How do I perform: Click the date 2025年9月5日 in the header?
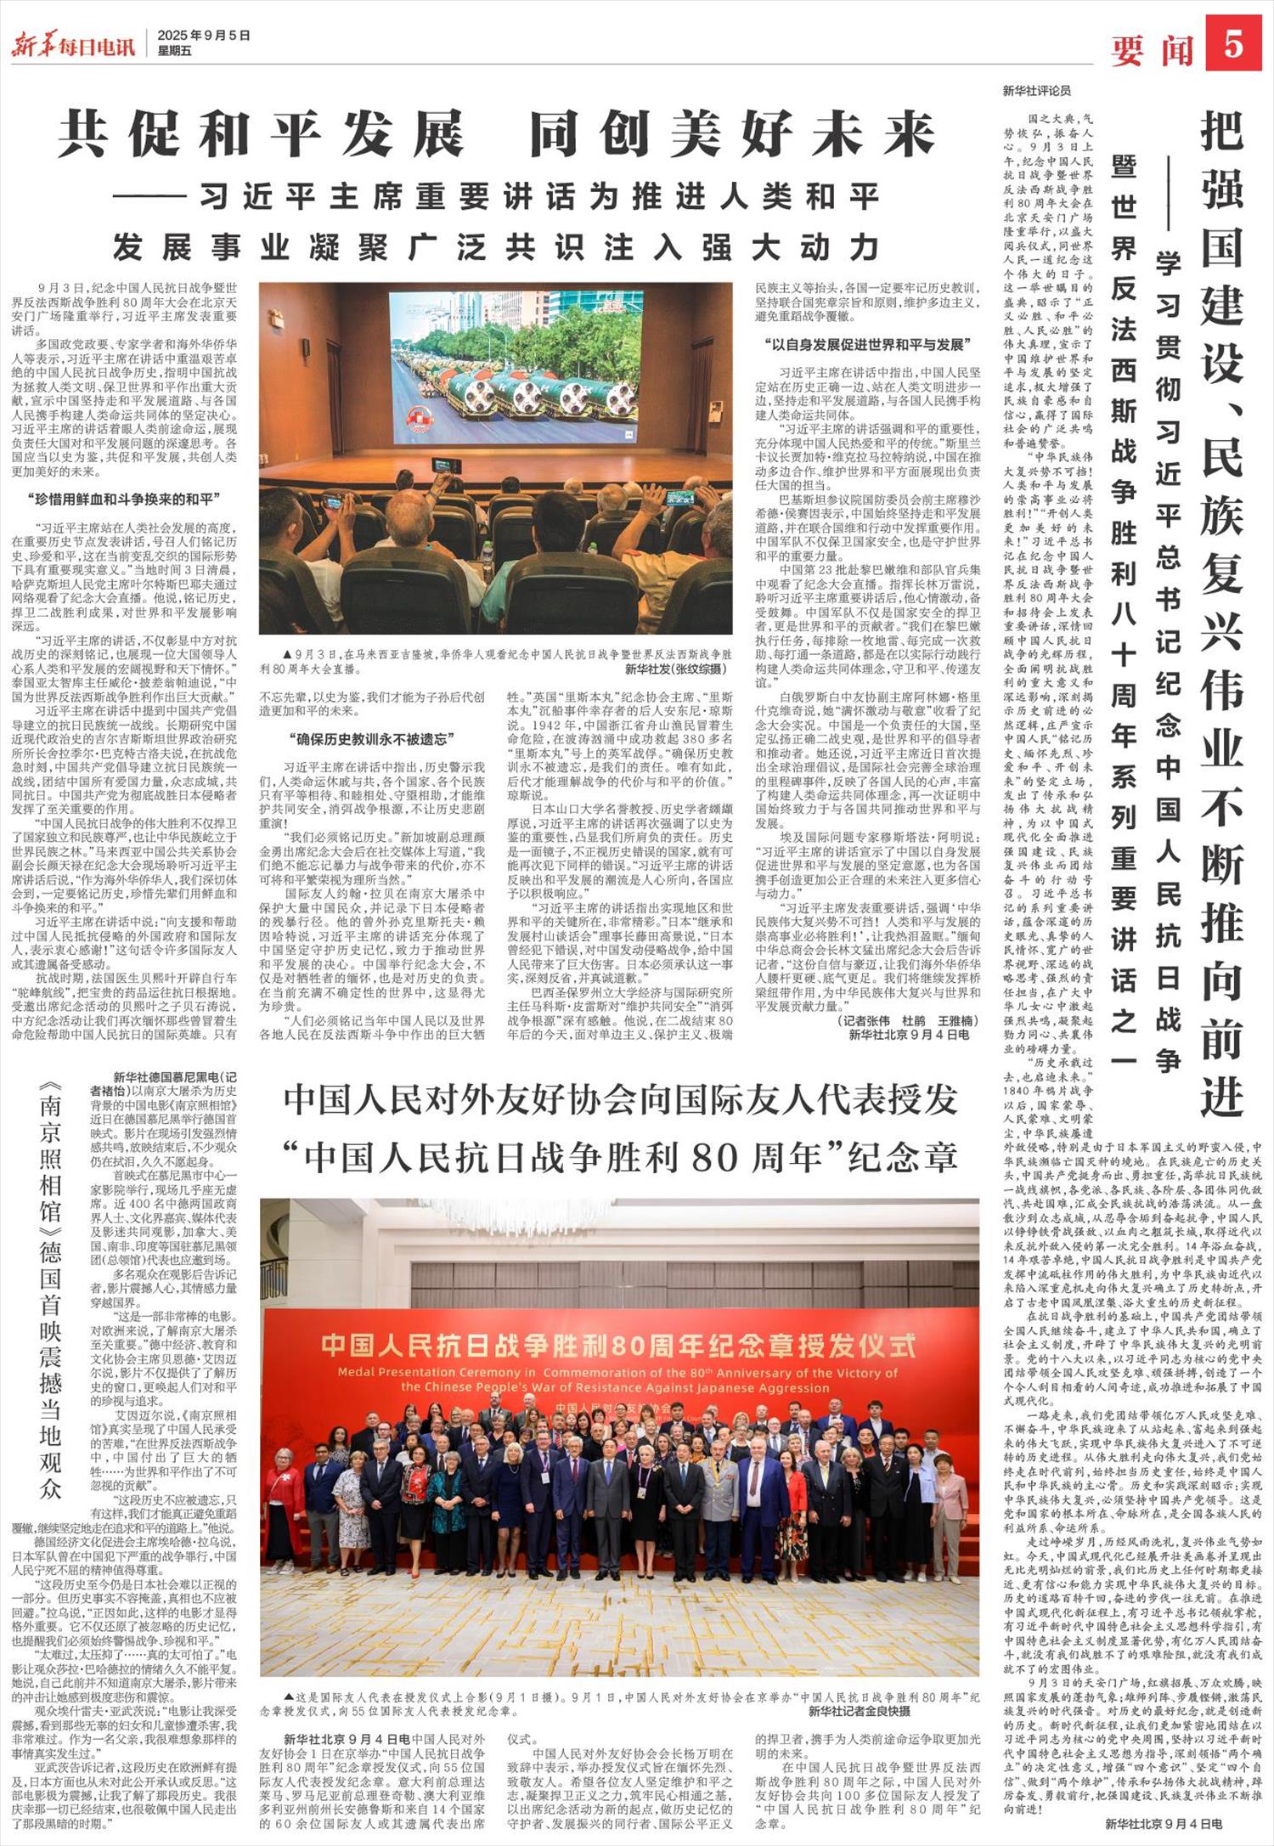(x=204, y=36)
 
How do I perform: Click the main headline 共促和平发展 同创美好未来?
(x=496, y=135)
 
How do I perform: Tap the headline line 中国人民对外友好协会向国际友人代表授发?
(x=621, y=1099)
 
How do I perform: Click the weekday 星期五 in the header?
(x=175, y=51)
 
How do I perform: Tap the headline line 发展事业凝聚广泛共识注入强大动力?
(x=496, y=246)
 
